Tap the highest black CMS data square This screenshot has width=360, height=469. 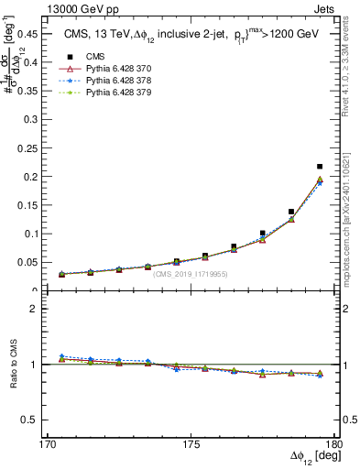click(319, 167)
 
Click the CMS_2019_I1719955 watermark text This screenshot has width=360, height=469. click(190, 274)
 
